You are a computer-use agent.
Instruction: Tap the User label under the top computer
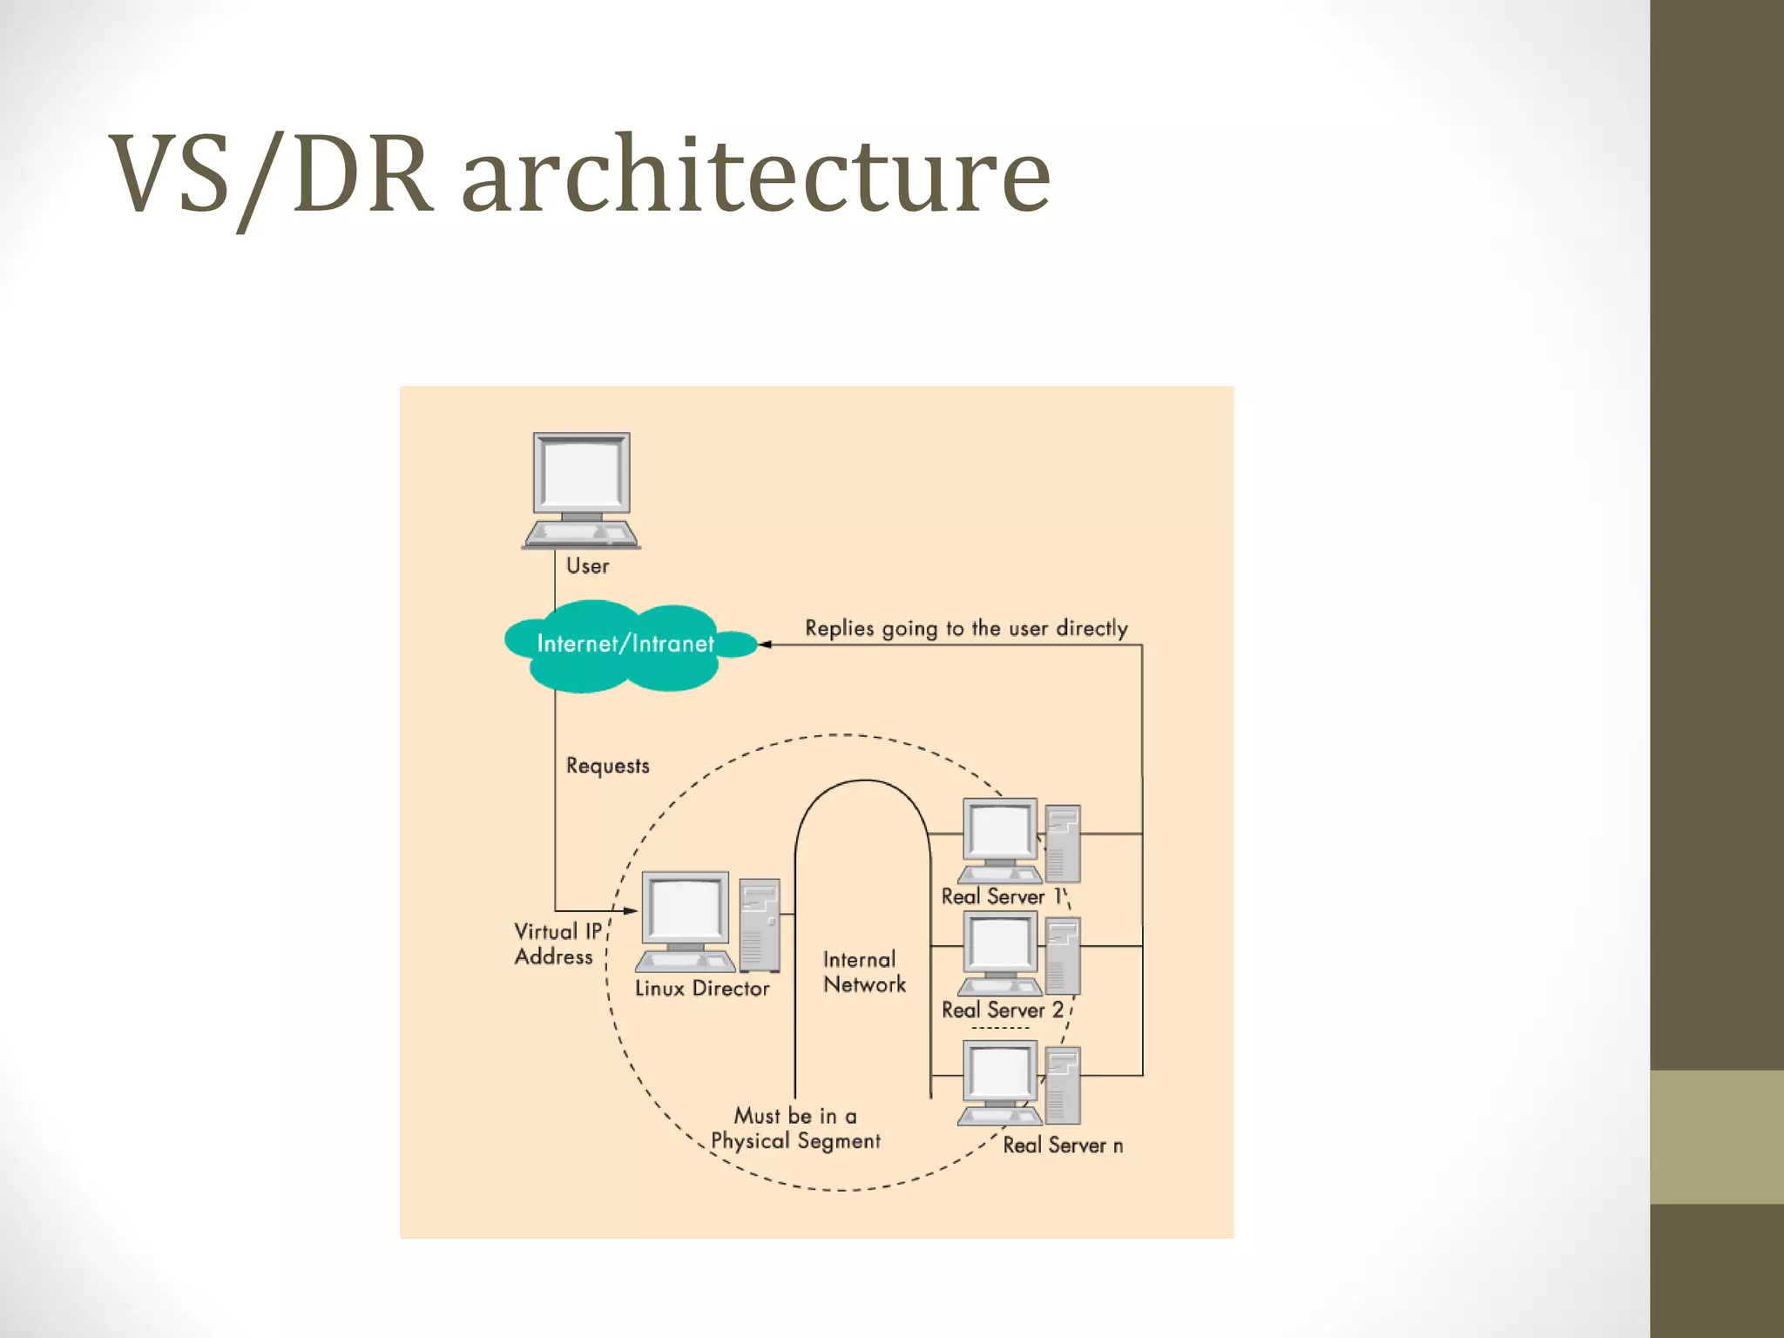coord(587,566)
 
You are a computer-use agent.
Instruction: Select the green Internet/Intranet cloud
coord(624,645)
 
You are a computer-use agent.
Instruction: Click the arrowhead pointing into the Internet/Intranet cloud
coord(764,645)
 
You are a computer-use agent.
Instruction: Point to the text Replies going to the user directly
coord(965,628)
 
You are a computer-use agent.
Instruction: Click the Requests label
coord(607,766)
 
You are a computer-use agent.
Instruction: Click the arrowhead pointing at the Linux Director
coord(631,911)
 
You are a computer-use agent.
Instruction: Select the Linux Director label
coord(702,989)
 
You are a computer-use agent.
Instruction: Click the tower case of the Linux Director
coord(759,925)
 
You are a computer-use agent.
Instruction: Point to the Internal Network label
coord(863,972)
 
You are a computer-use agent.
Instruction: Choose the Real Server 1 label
coord(1002,896)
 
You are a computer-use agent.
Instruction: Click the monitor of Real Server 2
coord(1000,944)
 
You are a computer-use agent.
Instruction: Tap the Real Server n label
coord(1062,1145)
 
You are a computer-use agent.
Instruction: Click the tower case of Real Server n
coord(1063,1085)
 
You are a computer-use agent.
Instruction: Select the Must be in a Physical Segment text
coord(795,1129)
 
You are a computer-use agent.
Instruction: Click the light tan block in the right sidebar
coord(1716,1137)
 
